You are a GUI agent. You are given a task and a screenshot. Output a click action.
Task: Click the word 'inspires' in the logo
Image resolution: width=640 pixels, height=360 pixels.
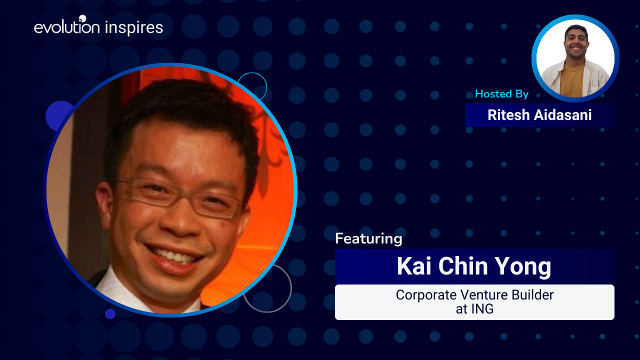pyautogui.click(x=134, y=28)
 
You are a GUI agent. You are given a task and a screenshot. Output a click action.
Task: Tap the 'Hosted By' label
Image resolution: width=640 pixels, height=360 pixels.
pyautogui.click(x=501, y=94)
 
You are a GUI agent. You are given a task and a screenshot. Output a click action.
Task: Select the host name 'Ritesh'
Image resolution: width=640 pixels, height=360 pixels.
pyautogui.click(x=508, y=115)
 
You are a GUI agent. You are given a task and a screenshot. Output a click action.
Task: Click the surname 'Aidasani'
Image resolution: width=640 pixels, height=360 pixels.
pyautogui.click(x=562, y=115)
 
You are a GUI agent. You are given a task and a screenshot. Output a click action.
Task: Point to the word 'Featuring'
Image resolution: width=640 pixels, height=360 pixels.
pyautogui.click(x=368, y=239)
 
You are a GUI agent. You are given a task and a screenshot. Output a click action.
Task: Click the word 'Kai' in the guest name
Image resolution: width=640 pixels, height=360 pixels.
pyautogui.click(x=413, y=266)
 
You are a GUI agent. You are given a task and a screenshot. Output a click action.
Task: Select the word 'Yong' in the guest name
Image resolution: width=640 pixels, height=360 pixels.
pyautogui.click(x=522, y=267)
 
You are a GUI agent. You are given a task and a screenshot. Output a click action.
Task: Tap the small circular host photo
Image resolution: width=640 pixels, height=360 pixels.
pyautogui.click(x=575, y=58)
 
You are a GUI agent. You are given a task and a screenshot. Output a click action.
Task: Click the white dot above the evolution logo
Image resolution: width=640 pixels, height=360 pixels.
pyautogui.click(x=82, y=18)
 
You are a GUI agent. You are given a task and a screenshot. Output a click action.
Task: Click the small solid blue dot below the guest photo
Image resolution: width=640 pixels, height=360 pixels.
pyautogui.click(x=110, y=313)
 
